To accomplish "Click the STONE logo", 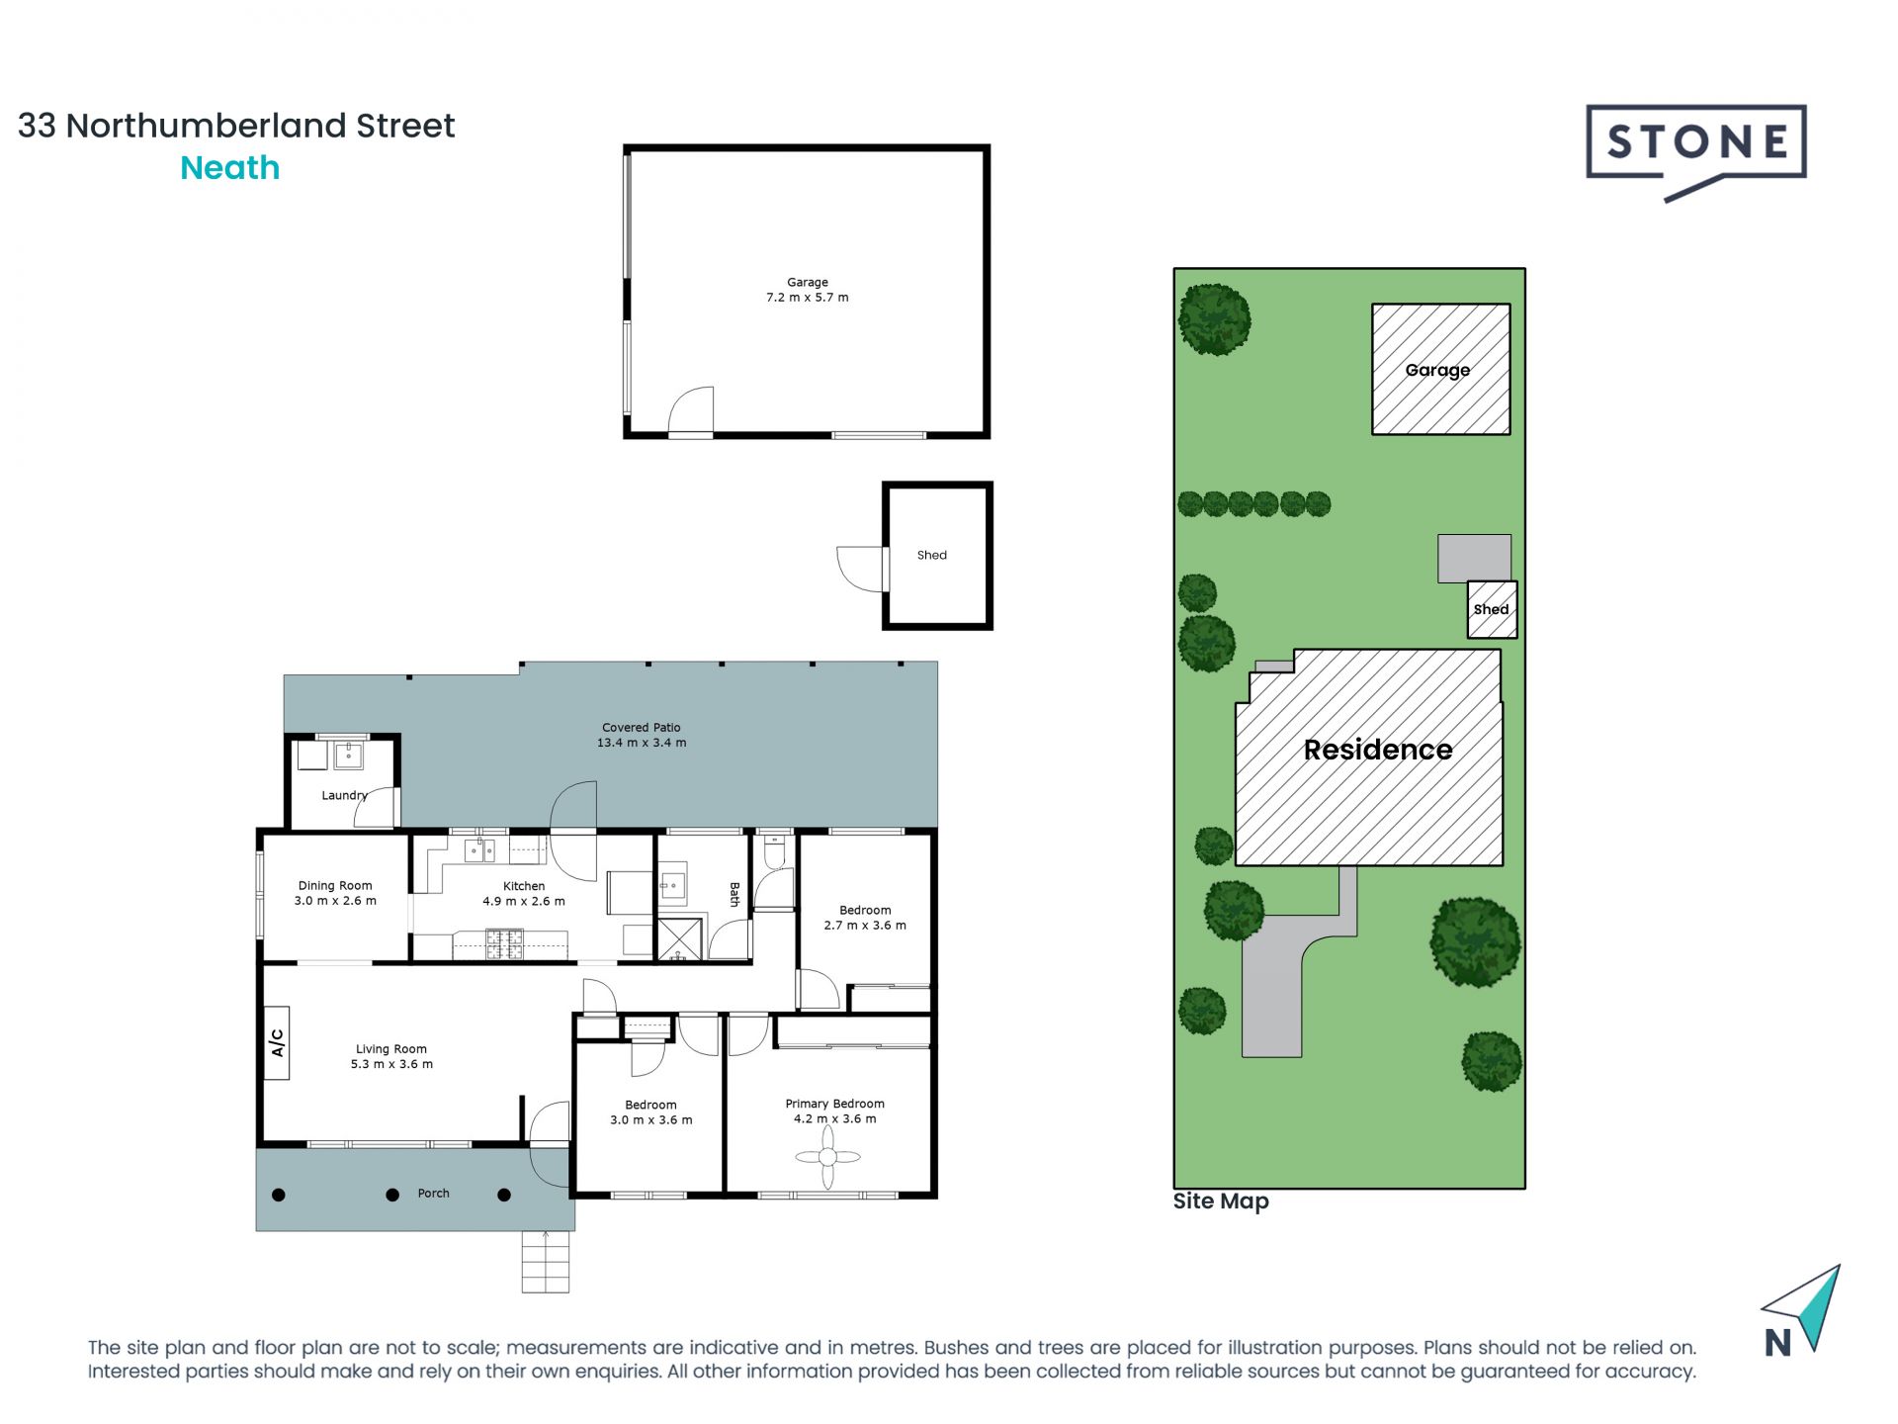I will pyautogui.click(x=1695, y=144).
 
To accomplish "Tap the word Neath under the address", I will pyautogui.click(x=229, y=168).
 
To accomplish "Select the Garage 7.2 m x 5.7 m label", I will pyautogui.click(x=807, y=290).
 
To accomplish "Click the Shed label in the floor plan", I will pyautogui.click(x=931, y=556).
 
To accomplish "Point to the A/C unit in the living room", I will pyautogui.click(x=277, y=1042).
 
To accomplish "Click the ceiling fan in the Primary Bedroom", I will pyautogui.click(x=827, y=1157).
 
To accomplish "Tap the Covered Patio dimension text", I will pyautogui.click(x=641, y=743).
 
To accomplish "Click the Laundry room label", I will pyautogui.click(x=343, y=795).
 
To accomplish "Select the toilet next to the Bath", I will pyautogui.click(x=774, y=849).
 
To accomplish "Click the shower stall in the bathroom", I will pyautogui.click(x=679, y=939).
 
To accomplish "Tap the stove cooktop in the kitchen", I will pyautogui.click(x=503, y=943).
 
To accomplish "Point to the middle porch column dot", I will pyautogui.click(x=392, y=1195).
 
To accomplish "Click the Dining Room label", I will pyautogui.click(x=335, y=886).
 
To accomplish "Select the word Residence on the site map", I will pyautogui.click(x=1377, y=750).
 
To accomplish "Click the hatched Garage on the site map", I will pyautogui.click(x=1439, y=369).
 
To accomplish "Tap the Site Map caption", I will pyautogui.click(x=1220, y=1201).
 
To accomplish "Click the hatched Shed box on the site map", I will pyautogui.click(x=1491, y=609).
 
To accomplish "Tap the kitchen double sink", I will pyautogui.click(x=480, y=850).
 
